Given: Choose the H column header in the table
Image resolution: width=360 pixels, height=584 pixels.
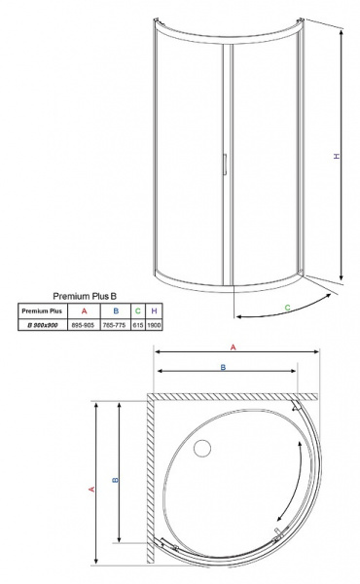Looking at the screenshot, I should tap(154, 310).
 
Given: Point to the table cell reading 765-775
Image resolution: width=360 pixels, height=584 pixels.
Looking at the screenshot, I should tap(115, 324).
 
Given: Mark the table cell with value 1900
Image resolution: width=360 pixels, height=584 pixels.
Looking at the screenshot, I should tap(154, 324).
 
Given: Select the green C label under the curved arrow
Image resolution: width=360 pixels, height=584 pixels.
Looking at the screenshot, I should tap(288, 308).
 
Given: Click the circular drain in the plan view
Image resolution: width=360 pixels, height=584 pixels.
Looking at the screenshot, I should tap(203, 449).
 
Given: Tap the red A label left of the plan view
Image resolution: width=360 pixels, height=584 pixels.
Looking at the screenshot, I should tap(91, 491).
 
